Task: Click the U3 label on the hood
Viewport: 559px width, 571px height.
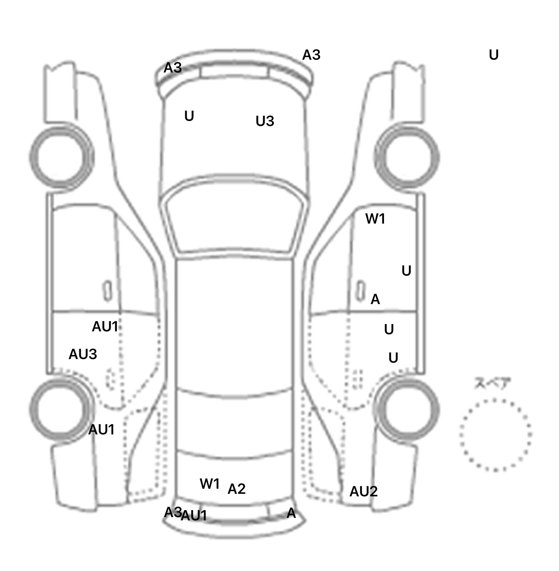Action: point(265,121)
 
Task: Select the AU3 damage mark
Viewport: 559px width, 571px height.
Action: point(83,354)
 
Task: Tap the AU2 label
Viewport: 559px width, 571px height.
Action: point(363,492)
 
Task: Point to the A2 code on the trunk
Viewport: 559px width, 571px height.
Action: point(237,489)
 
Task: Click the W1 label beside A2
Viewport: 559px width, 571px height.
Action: point(210,484)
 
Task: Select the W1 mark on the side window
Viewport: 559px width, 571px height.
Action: point(375,219)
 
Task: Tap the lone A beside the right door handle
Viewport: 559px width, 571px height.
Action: point(375,300)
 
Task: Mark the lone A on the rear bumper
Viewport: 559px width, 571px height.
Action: point(291,513)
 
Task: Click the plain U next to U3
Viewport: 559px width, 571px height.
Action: point(189,116)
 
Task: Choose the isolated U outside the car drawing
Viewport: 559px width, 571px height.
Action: point(493,55)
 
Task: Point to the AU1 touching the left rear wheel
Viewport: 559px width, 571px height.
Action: point(101,430)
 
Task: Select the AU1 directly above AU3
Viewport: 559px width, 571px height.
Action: point(105,327)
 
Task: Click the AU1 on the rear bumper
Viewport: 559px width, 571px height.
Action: point(194,516)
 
